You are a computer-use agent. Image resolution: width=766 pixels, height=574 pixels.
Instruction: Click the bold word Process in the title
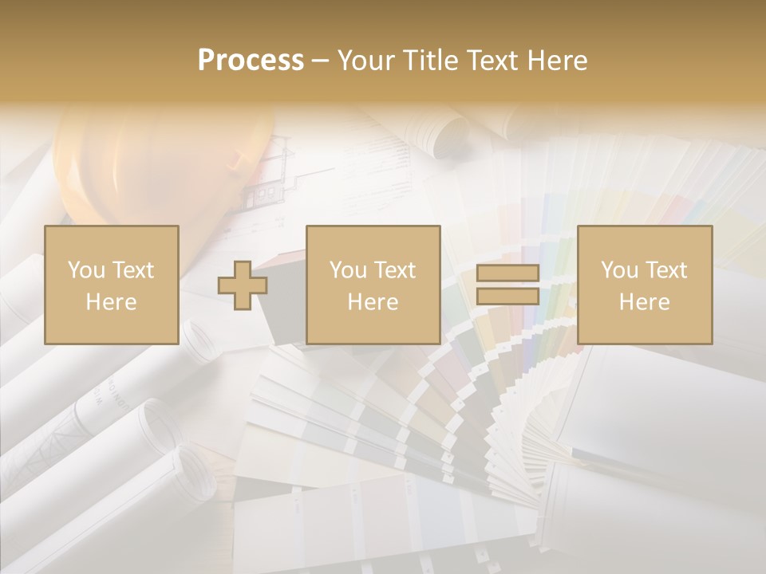coord(251,61)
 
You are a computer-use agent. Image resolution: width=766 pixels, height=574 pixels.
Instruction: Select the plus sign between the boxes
coord(243,285)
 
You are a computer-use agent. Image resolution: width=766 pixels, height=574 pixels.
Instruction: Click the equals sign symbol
coord(507,285)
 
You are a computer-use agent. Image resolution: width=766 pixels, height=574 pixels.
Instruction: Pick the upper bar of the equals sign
coord(507,273)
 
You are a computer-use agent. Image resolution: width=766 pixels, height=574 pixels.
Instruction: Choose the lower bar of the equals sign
coord(507,297)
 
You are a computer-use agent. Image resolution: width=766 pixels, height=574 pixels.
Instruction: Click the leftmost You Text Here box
coord(112,285)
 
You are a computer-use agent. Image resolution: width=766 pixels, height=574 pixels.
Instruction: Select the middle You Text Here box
coord(373,285)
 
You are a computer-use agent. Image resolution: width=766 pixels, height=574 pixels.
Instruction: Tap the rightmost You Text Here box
coord(644,285)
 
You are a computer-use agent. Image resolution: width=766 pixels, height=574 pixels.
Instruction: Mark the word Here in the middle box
coord(373,302)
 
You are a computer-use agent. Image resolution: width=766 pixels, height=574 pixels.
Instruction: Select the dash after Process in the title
coord(320,61)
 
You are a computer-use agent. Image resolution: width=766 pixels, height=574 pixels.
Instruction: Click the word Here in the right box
coord(644,302)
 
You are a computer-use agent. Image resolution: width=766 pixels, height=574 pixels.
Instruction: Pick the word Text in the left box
coord(132,270)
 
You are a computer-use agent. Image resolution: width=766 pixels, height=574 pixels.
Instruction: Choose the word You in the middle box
coord(348,270)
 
